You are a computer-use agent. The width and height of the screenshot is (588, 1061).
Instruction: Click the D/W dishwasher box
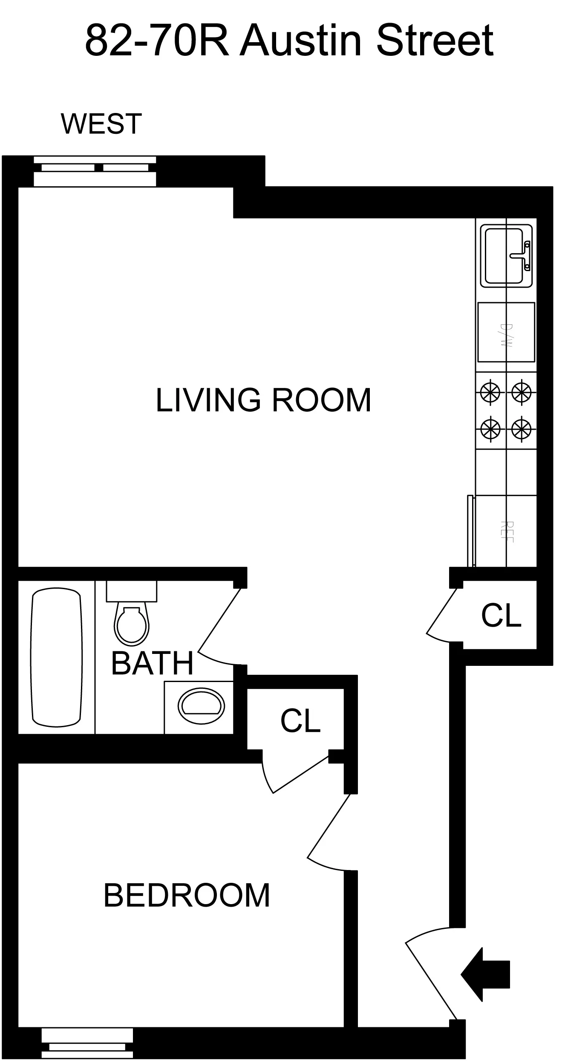click(x=506, y=332)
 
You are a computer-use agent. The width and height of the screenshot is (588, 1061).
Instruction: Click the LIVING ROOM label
click(x=263, y=400)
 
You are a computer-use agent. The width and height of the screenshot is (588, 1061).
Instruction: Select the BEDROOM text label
click(x=187, y=896)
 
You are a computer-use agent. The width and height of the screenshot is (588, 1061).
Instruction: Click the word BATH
click(x=152, y=663)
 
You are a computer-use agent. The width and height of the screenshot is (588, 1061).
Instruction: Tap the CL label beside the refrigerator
click(x=501, y=616)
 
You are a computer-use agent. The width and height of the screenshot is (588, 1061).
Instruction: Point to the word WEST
click(x=101, y=124)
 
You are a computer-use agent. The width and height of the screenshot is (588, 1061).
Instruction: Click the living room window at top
click(x=95, y=171)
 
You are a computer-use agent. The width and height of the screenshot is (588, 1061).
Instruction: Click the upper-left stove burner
click(x=490, y=391)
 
